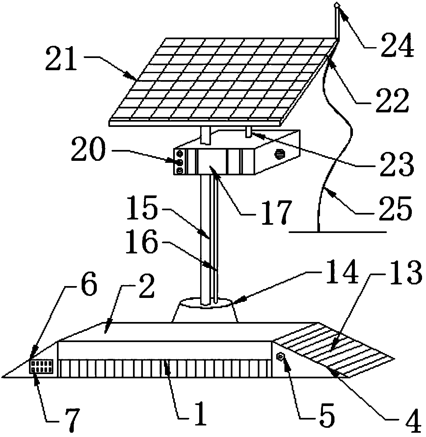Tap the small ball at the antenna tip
[337, 5]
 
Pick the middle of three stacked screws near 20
[179, 162]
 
